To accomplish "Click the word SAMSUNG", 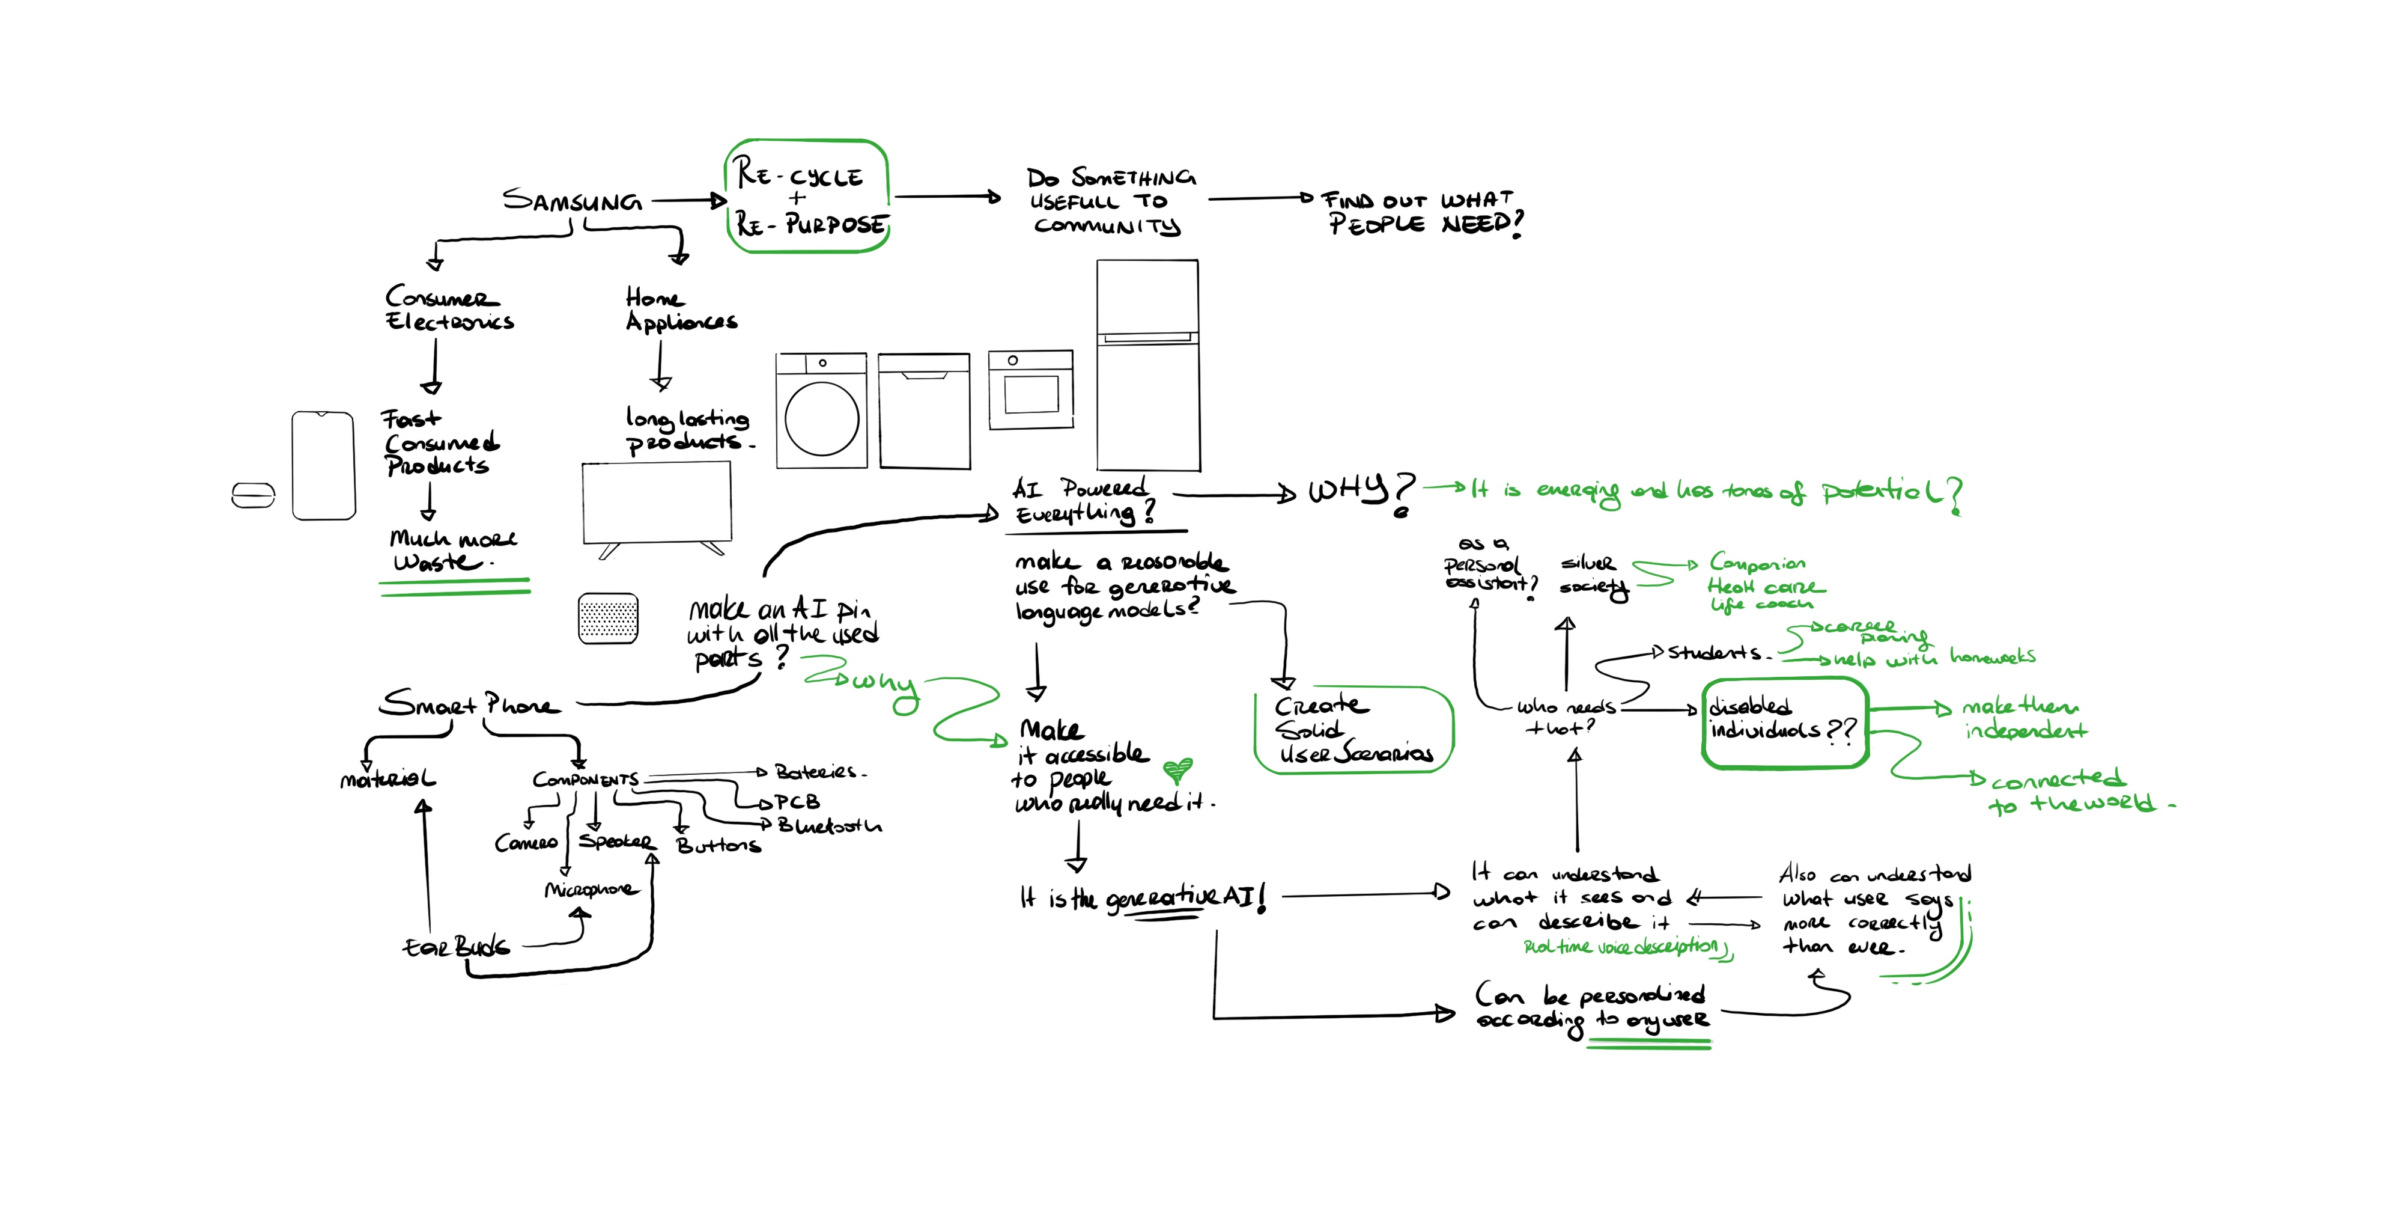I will tap(572, 201).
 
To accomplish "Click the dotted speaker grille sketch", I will tap(608, 618).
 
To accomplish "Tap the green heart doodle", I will tap(1177, 770).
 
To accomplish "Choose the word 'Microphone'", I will tap(591, 890).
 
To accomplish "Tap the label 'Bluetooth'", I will tap(828, 826).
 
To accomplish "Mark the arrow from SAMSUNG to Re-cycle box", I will tap(688, 200).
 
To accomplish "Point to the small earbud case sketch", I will tap(253, 495).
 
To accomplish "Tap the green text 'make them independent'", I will tap(2022, 719).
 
